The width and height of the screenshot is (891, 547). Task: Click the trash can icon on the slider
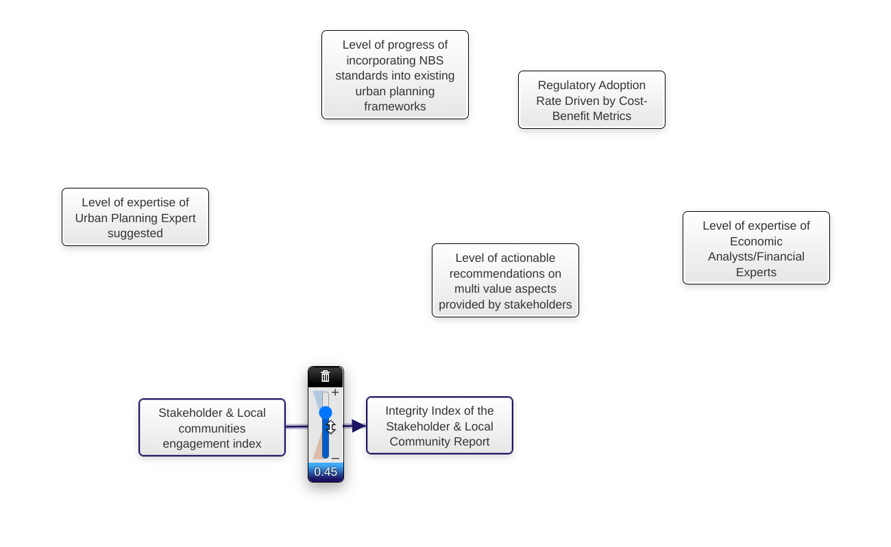tap(326, 376)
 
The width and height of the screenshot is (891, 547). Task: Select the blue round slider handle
tap(326, 413)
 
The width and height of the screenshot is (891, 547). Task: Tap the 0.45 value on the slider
tap(326, 472)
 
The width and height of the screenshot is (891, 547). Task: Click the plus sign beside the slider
tap(335, 393)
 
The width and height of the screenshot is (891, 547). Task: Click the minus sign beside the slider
tap(335, 458)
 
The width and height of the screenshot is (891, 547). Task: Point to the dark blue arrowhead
tap(358, 426)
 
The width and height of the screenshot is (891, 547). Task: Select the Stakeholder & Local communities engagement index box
tap(212, 428)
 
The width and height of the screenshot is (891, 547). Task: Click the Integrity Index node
tap(439, 426)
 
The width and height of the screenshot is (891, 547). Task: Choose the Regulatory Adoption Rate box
tap(591, 100)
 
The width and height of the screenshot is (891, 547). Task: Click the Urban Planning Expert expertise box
tap(135, 217)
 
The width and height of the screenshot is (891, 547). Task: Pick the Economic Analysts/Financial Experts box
tap(756, 248)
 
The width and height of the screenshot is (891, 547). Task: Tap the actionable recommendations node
tap(505, 280)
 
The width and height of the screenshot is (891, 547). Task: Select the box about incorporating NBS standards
tap(395, 75)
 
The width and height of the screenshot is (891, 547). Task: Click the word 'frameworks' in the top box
tap(395, 106)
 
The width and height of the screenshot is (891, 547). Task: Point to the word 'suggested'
tap(135, 233)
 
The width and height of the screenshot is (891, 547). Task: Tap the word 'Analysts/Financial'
tap(756, 256)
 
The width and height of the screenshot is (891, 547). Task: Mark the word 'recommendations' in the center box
tap(505, 273)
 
